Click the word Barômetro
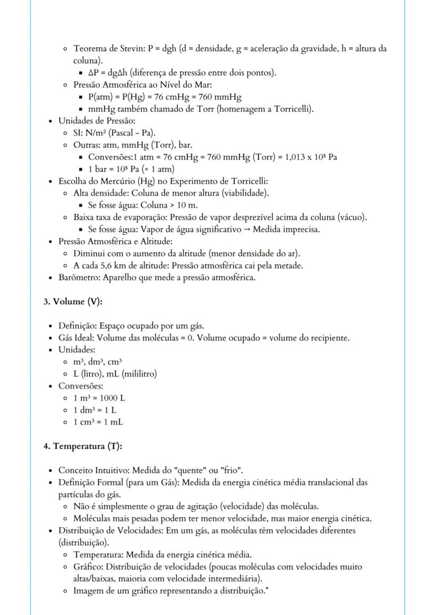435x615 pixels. (x=77, y=277)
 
